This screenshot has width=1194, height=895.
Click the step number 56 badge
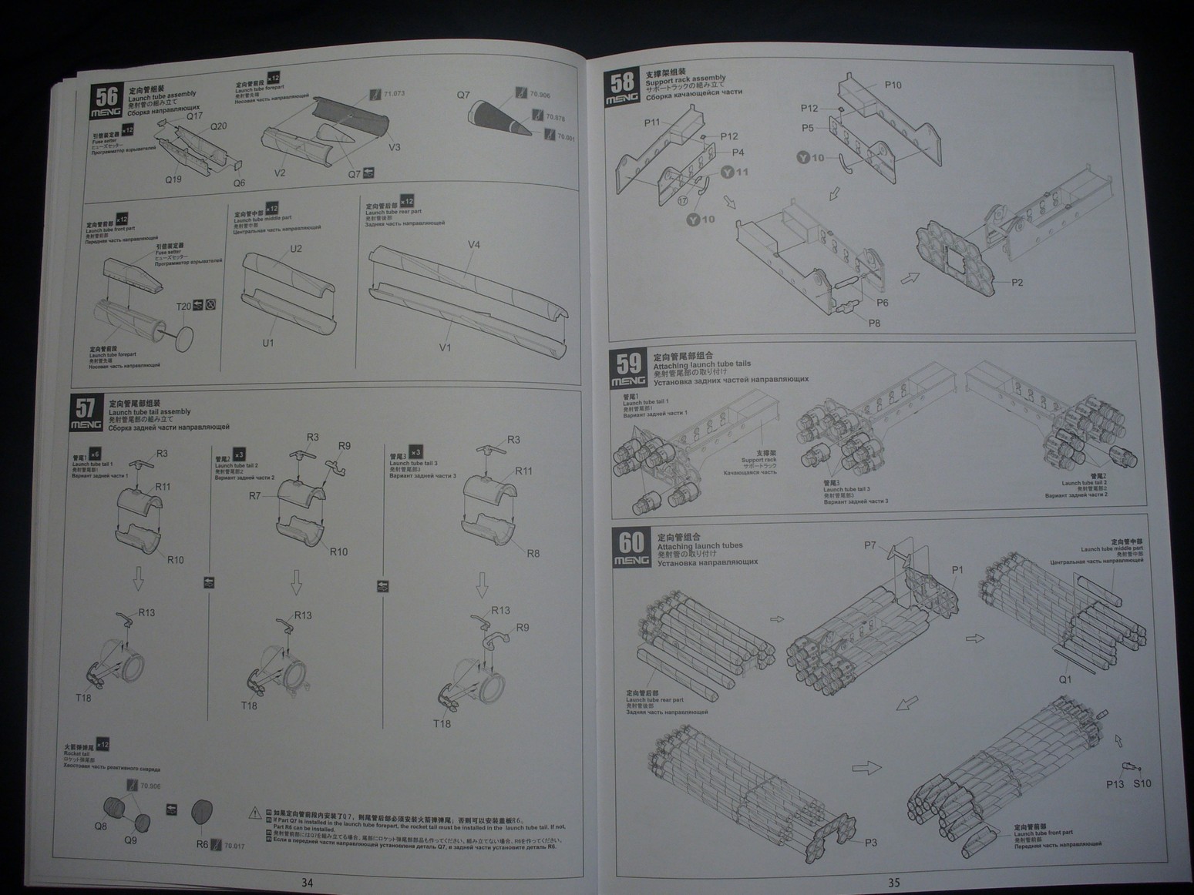click(x=106, y=99)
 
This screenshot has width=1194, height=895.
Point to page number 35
click(x=893, y=883)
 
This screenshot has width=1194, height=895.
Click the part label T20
click(x=183, y=306)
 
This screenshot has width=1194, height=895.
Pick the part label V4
click(x=473, y=245)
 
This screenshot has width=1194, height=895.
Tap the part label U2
click(x=296, y=249)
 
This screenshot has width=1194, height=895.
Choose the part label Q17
click(x=194, y=116)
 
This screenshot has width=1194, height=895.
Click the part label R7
click(x=254, y=496)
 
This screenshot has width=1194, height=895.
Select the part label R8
click(x=533, y=553)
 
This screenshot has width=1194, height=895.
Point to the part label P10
click(x=893, y=85)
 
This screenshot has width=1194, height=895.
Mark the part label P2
click(x=1017, y=283)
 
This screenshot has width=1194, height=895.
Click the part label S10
click(x=1142, y=783)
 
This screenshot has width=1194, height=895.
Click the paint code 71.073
click(x=394, y=93)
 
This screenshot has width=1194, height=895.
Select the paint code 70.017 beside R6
click(x=234, y=846)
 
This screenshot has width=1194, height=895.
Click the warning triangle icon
click(x=255, y=813)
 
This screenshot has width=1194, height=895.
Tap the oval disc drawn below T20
click(x=186, y=337)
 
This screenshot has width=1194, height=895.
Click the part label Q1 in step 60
click(x=1065, y=679)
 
